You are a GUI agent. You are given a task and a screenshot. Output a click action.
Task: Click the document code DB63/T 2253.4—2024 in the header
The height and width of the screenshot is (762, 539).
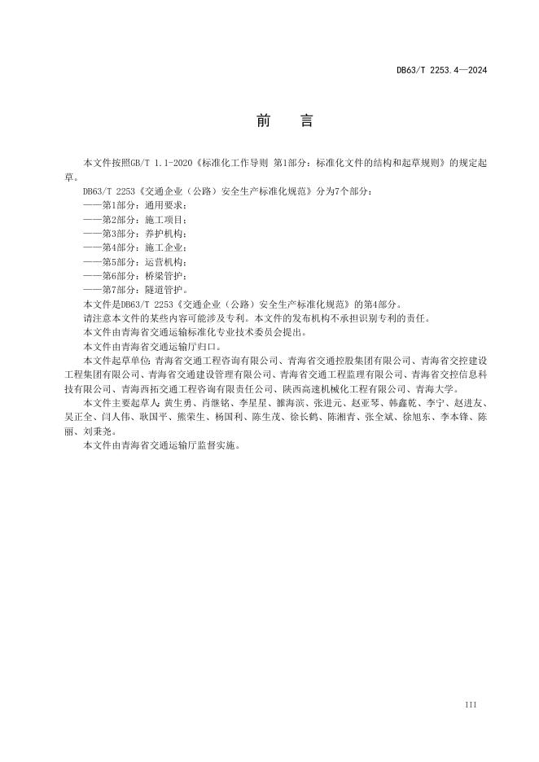441,71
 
